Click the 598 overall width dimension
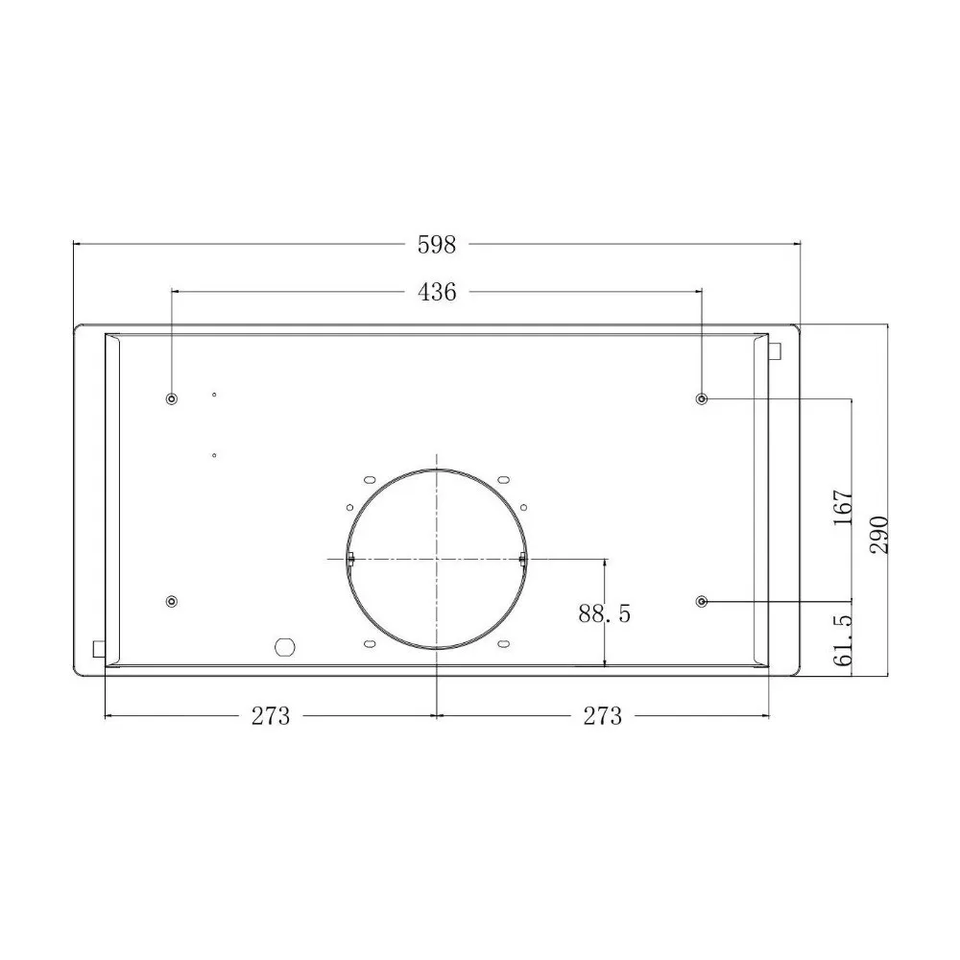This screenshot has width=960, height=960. click(x=437, y=245)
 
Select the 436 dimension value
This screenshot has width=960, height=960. click(x=437, y=292)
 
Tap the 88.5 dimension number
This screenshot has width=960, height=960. click(x=604, y=612)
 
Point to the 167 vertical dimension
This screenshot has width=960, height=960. click(x=843, y=506)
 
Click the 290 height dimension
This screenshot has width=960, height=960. click(x=878, y=535)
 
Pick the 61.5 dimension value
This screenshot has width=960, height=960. click(x=843, y=640)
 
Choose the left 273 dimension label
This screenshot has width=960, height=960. click(x=270, y=716)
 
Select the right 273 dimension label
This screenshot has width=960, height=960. click(x=603, y=716)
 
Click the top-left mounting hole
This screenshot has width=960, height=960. click(x=172, y=399)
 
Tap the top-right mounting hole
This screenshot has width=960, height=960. click(x=703, y=399)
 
